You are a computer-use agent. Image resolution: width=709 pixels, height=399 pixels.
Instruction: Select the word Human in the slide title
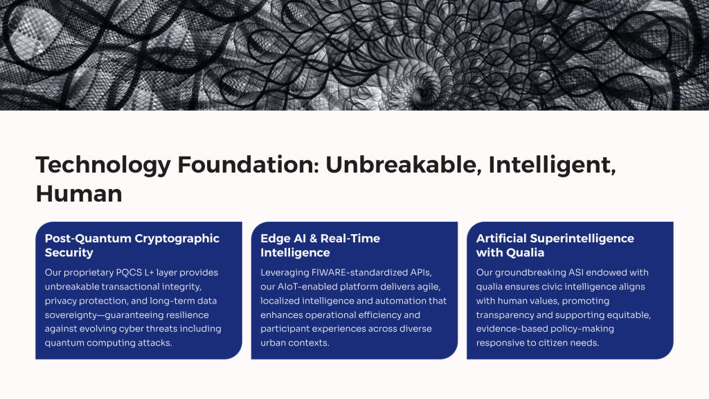click(79, 194)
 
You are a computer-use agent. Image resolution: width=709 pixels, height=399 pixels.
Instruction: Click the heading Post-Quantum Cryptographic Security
click(132, 245)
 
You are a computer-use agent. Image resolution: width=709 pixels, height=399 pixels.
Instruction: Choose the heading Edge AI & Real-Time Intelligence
click(320, 245)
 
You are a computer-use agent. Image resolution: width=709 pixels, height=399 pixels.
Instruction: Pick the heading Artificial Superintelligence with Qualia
click(555, 245)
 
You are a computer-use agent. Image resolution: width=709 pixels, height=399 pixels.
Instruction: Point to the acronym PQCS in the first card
click(129, 272)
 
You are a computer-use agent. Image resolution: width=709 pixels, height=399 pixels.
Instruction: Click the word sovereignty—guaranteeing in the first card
click(127, 315)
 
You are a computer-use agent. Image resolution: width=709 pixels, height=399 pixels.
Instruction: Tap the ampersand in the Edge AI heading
click(314, 238)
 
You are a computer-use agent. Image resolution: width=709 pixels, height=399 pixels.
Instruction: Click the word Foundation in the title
click(249, 164)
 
